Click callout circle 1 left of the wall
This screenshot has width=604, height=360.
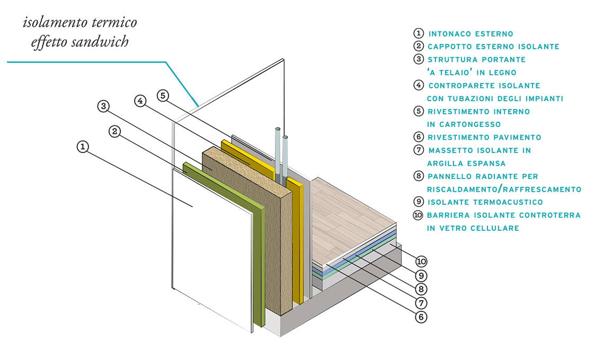83,147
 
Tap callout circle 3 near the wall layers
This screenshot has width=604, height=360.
104,106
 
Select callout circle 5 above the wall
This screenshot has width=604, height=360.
163,96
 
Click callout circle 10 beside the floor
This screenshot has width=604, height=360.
421,261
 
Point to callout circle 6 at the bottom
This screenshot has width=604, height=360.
421,317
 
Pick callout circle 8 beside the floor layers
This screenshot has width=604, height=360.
421,289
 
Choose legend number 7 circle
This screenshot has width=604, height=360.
419,150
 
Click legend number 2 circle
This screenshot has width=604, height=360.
419,46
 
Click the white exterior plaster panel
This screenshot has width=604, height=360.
212,249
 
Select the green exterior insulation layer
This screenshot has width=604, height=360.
259,265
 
